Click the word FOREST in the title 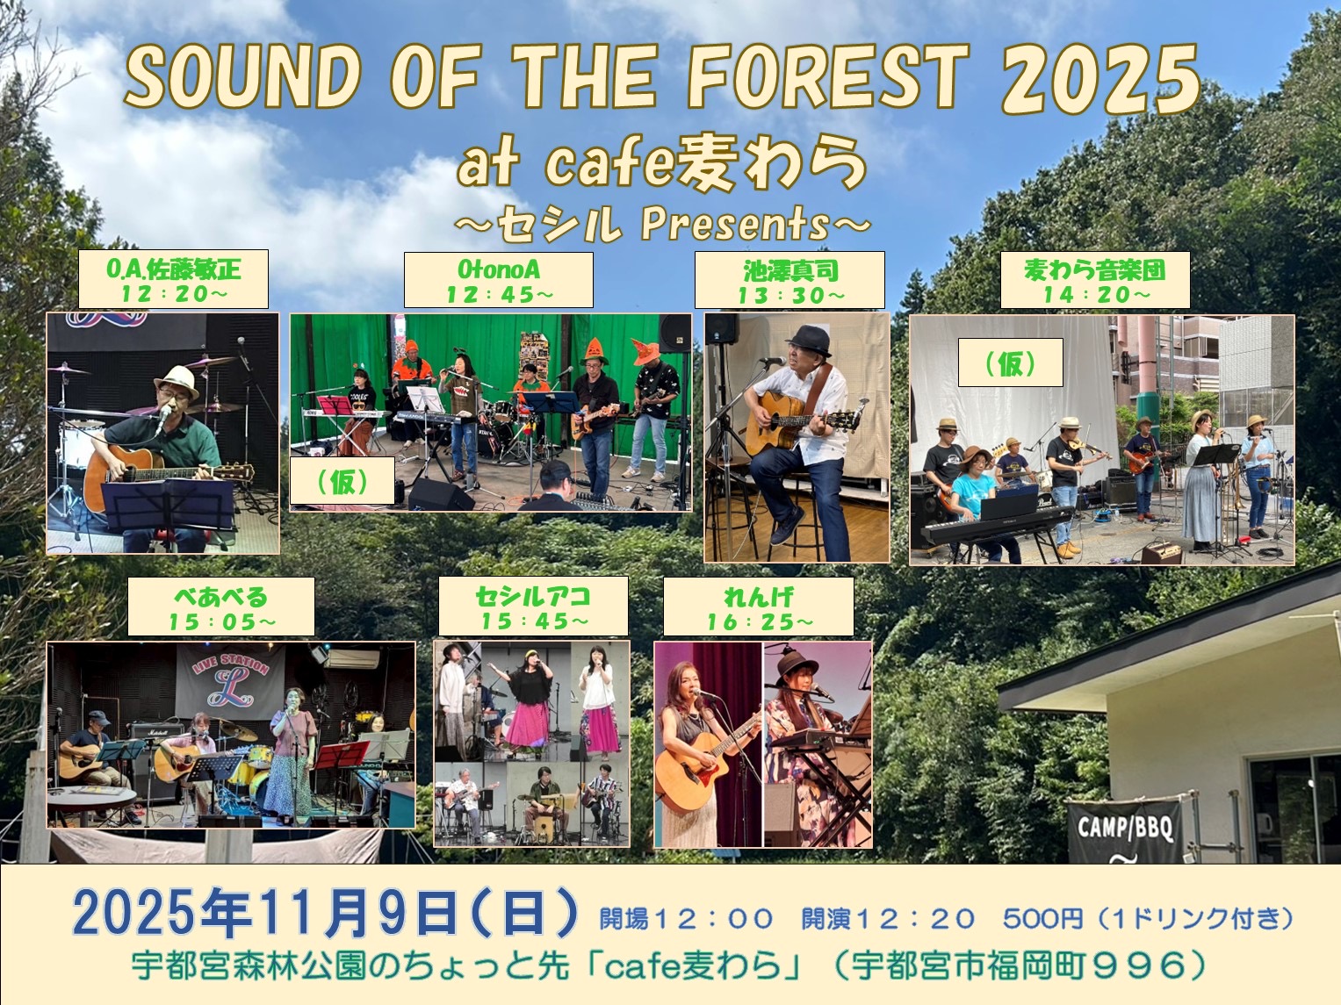(x=828, y=77)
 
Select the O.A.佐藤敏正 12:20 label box (x=174, y=279)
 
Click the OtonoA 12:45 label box (x=499, y=280)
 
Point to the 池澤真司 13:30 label (x=790, y=280)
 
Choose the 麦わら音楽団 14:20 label (x=1095, y=280)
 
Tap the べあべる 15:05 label (x=221, y=607)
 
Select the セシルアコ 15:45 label (x=533, y=607)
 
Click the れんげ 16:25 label (x=759, y=607)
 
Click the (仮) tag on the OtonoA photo (x=342, y=480)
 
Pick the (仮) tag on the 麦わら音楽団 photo (x=1011, y=363)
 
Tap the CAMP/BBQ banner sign (x=1125, y=829)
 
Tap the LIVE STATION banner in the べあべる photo (x=230, y=679)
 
